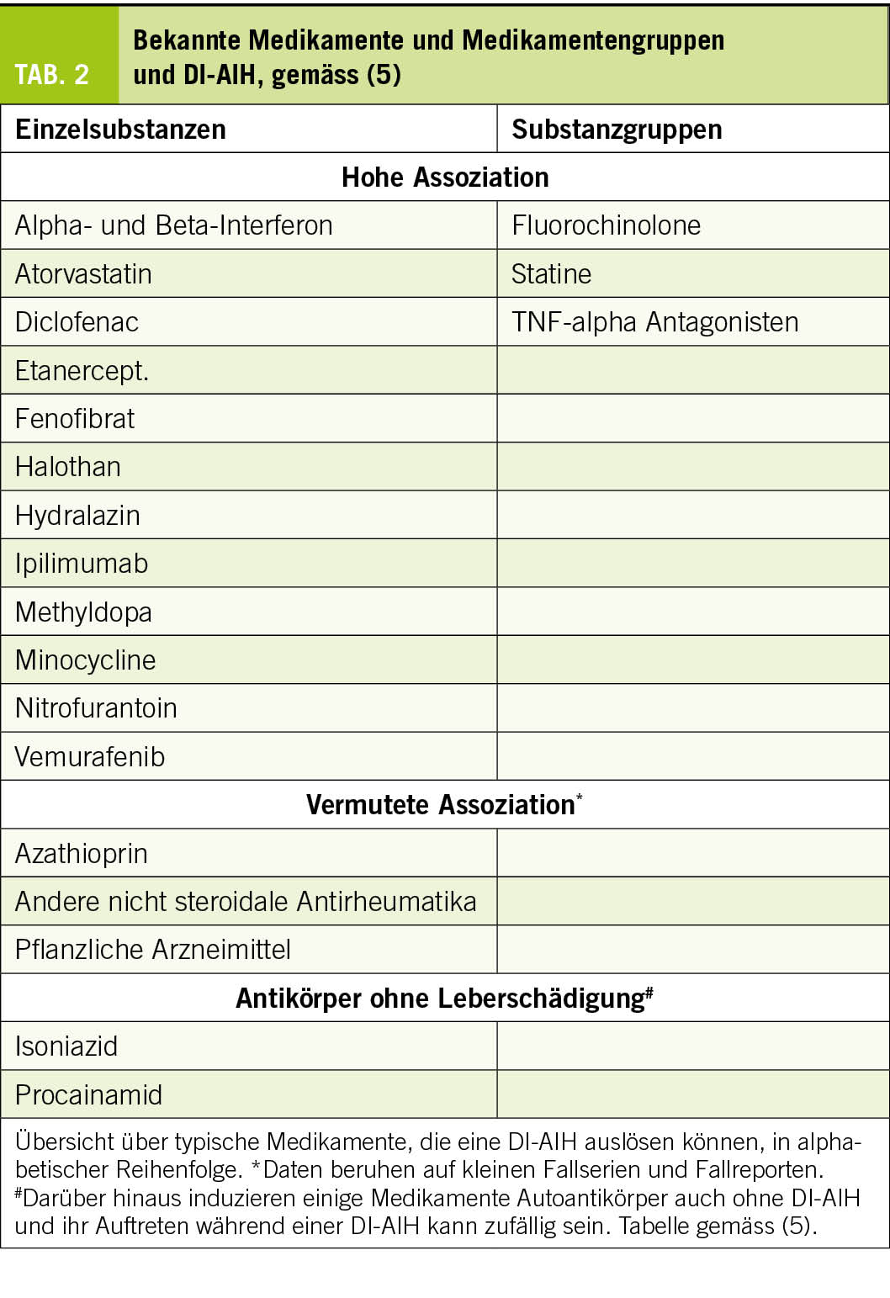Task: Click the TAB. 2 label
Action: tap(52, 75)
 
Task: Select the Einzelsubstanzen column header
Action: tap(120, 130)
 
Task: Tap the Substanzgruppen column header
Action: tap(617, 130)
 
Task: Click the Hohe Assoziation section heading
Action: tap(445, 177)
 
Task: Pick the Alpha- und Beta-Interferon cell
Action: tap(174, 225)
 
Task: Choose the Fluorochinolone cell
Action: tap(606, 225)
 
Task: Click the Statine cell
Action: tap(551, 274)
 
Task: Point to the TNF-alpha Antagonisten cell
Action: tap(654, 322)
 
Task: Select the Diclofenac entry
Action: tap(77, 322)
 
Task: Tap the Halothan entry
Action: tap(68, 467)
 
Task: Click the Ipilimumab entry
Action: tap(82, 564)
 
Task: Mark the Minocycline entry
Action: tap(85, 660)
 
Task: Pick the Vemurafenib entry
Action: tap(90, 757)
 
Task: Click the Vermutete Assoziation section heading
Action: tap(440, 805)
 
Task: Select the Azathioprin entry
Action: tap(82, 854)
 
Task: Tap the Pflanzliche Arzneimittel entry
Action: tap(153, 950)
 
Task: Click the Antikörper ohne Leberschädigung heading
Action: tap(440, 999)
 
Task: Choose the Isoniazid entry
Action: tap(66, 1046)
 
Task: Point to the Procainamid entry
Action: tap(88, 1095)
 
